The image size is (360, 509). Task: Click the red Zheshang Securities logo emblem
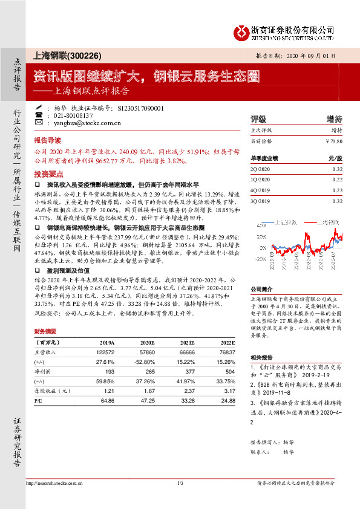point(243,30)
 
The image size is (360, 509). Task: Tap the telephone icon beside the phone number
point(38,115)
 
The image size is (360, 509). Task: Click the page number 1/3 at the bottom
point(180,482)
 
